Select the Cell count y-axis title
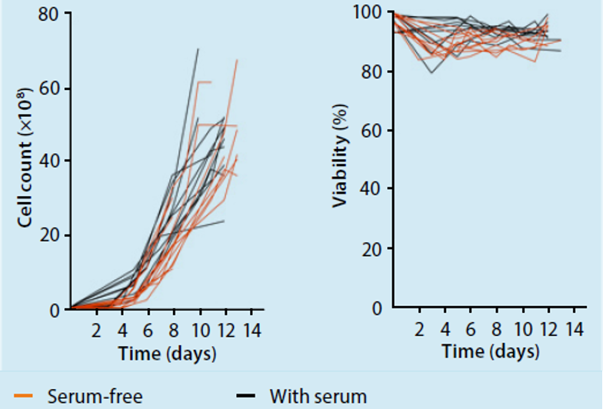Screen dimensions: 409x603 pos(28,161)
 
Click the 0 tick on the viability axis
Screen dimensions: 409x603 pos(377,308)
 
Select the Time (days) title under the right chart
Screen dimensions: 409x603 pos(491,351)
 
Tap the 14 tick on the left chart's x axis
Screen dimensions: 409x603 pos(252,332)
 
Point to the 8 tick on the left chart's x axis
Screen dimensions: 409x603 pos(174,332)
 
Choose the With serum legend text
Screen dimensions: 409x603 pos(318,397)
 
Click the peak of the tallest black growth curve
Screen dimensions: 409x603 pos(198,49)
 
